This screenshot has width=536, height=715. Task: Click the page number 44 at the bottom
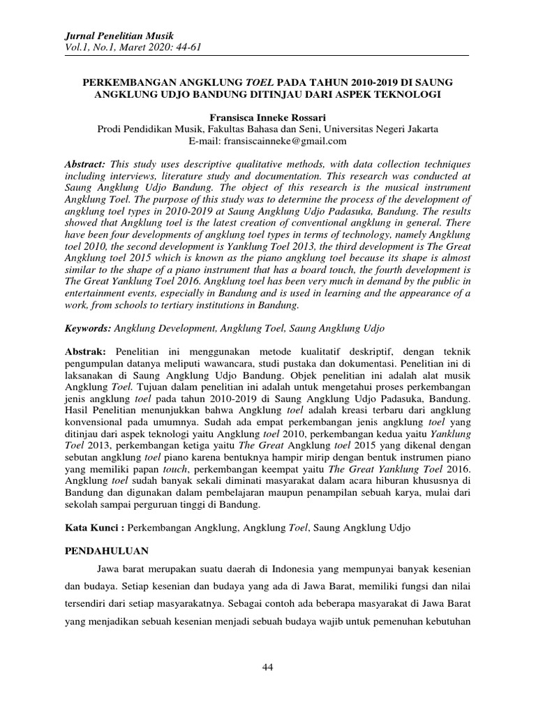268,668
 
